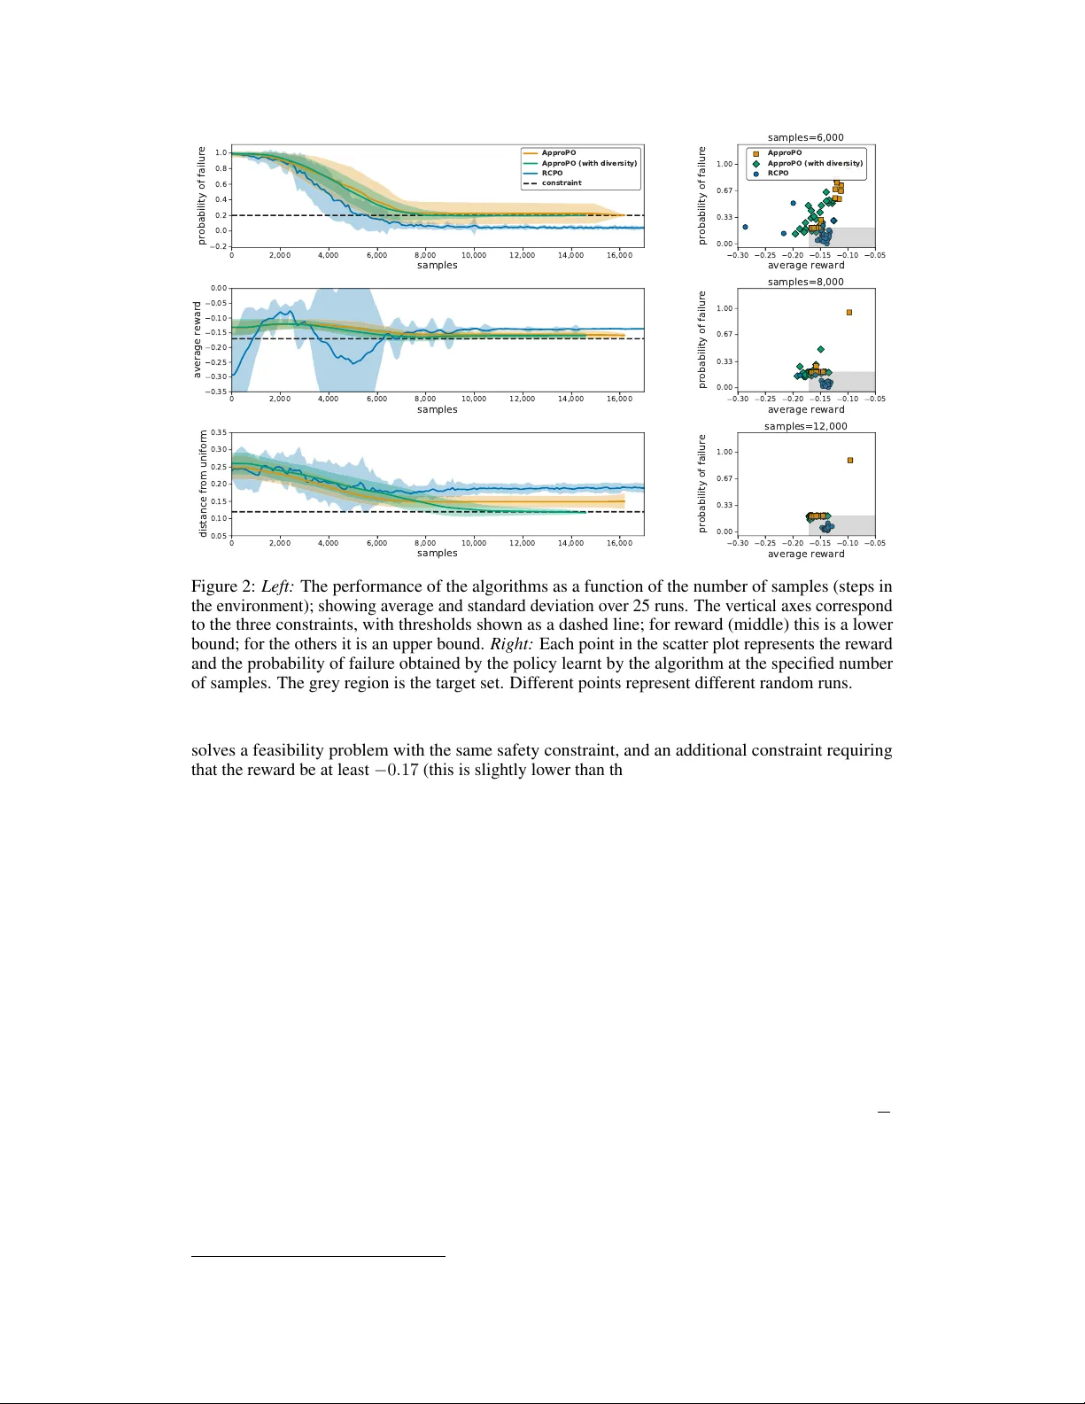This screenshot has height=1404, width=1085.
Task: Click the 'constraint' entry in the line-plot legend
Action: tap(562, 183)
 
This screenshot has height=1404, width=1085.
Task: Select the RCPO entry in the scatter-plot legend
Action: tap(778, 174)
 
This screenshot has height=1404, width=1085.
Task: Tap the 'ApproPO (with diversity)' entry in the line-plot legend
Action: tap(589, 163)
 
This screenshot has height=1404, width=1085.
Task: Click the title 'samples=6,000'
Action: tap(805, 137)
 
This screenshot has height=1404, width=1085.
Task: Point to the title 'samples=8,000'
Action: tap(805, 282)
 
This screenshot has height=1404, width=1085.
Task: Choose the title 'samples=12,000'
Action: tap(805, 426)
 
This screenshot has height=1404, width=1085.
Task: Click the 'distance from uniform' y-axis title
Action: tap(203, 484)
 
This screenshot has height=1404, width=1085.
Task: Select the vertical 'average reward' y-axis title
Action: tap(198, 339)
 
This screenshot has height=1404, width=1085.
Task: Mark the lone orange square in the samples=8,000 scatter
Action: tap(849, 313)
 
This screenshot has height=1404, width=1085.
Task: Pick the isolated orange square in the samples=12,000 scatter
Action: tap(850, 461)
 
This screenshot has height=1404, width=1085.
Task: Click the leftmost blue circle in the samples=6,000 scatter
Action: tap(745, 227)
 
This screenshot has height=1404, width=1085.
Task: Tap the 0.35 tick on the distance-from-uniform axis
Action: tap(219, 432)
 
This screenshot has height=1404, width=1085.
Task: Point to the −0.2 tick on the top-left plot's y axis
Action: tap(220, 246)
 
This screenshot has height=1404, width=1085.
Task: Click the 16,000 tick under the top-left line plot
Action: tap(619, 255)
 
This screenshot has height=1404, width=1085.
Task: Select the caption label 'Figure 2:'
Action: tap(223, 586)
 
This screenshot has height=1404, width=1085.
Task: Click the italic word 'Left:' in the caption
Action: tap(277, 586)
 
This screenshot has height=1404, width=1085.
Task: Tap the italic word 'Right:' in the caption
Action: tap(511, 644)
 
